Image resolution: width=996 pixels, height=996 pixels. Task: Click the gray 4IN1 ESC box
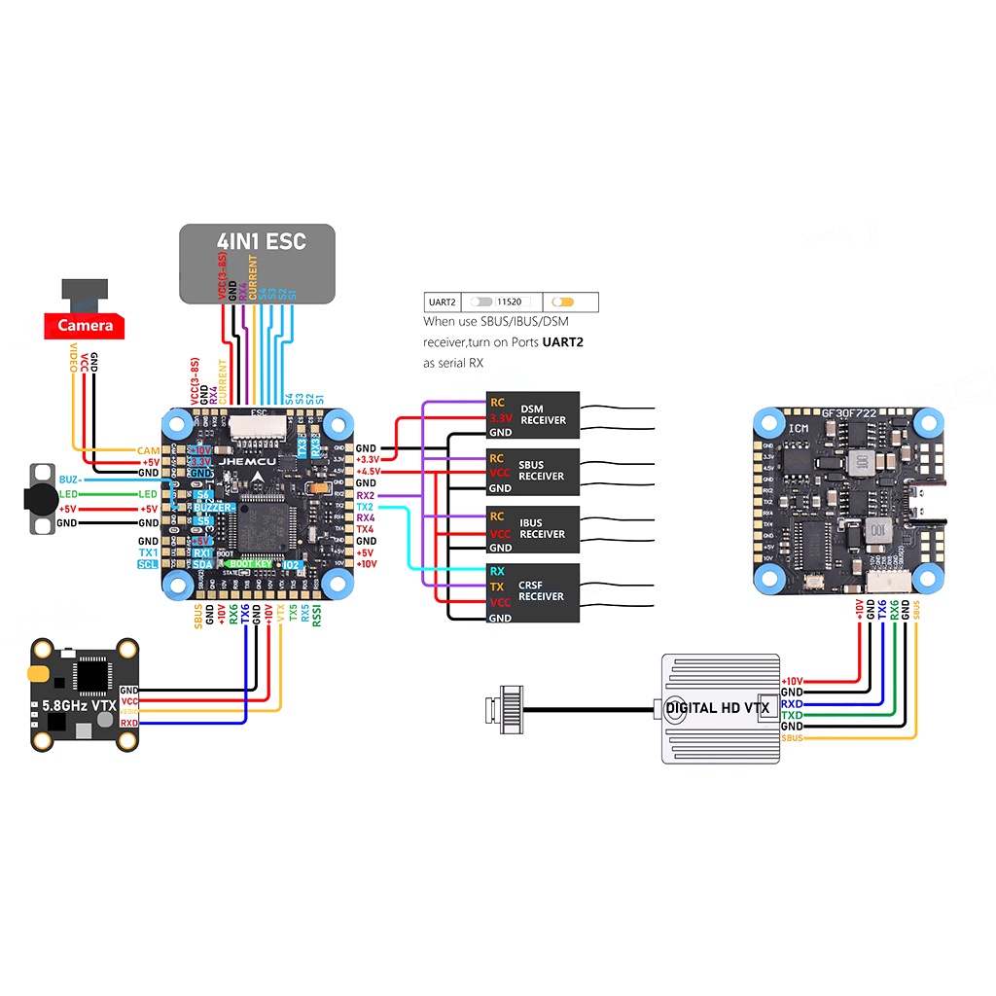pyautogui.click(x=257, y=263)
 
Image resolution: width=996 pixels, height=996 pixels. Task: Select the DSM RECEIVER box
pyautogui.click(x=532, y=415)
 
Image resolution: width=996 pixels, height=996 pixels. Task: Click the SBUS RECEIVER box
pyautogui.click(x=532, y=471)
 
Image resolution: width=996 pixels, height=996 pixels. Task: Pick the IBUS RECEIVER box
pyautogui.click(x=532, y=528)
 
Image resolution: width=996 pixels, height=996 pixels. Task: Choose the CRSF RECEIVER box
pyautogui.click(x=532, y=590)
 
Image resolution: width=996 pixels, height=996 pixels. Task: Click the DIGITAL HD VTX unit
pyautogui.click(x=721, y=707)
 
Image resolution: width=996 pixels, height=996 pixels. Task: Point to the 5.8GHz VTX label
pyautogui.click(x=74, y=705)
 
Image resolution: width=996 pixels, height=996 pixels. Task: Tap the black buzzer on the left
pyautogui.click(x=39, y=498)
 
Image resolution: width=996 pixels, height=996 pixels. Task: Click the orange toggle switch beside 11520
pyautogui.click(x=562, y=302)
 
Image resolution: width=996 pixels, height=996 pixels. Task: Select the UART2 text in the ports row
pyautogui.click(x=443, y=302)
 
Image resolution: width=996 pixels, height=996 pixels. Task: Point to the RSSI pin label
pyautogui.click(x=317, y=617)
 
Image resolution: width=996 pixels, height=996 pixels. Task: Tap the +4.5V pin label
pyautogui.click(x=368, y=472)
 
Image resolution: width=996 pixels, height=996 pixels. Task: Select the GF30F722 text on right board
pyautogui.click(x=848, y=411)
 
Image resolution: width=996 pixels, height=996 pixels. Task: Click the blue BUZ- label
pyautogui.click(x=70, y=480)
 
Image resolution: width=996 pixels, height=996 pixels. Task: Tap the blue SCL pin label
pyautogui.click(x=147, y=564)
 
